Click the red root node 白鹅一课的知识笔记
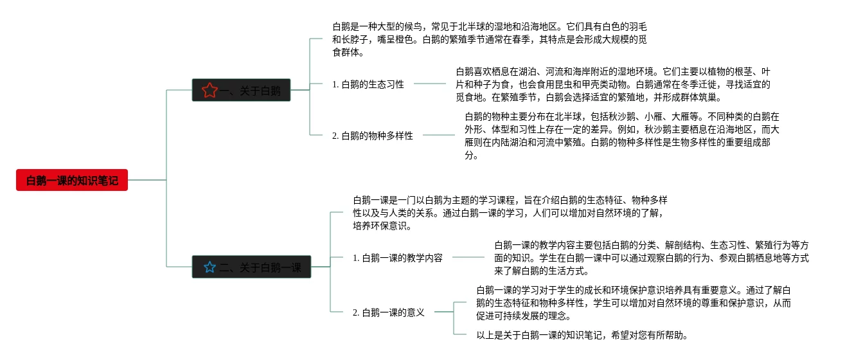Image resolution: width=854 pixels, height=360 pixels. tap(72, 181)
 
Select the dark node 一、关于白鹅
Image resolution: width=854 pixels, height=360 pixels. tap(242, 91)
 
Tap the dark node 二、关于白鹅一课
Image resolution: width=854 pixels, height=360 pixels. tap(251, 267)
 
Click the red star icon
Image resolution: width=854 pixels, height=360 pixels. tap(209, 91)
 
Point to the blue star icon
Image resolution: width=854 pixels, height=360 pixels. tap(209, 267)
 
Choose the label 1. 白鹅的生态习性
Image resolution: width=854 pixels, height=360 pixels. tap(368, 84)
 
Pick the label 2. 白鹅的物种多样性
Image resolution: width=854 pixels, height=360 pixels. tap(373, 136)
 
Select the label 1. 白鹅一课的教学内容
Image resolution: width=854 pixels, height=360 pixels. tap(398, 258)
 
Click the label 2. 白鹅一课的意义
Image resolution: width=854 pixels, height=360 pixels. tap(389, 312)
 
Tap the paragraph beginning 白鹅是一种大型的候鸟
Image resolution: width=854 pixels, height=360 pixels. tap(489, 40)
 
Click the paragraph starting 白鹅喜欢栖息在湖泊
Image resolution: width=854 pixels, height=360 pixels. tap(612, 85)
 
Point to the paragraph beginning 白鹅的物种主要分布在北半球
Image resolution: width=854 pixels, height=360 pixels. tap(621, 136)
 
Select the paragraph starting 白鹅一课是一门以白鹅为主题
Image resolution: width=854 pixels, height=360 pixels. tap(510, 213)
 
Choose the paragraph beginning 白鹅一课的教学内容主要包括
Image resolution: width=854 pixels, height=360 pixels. tap(651, 258)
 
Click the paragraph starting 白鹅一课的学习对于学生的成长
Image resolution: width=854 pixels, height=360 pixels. tap(633, 303)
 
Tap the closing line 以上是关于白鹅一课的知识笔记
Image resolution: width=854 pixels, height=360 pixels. tap(582, 335)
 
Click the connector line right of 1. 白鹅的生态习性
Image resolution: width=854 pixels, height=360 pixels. tap(430, 84)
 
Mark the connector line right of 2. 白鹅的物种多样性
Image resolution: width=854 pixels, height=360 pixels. tap(438, 135)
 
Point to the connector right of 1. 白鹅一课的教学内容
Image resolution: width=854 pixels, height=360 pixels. tap(468, 257)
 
